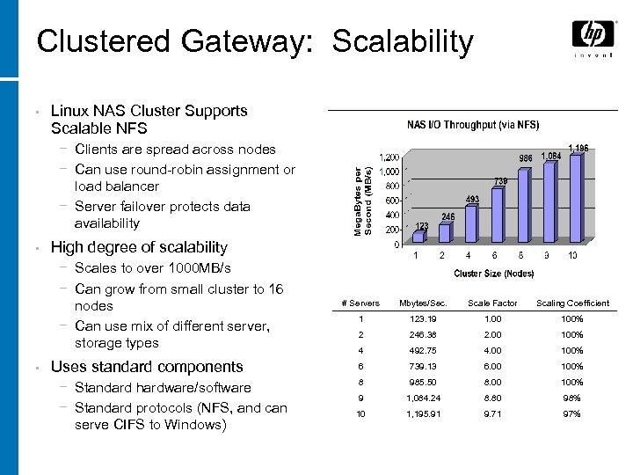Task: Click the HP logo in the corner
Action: [593, 35]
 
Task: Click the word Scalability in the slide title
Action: [404, 41]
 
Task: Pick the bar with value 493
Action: [471, 223]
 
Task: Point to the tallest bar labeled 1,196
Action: [575, 199]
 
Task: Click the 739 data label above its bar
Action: [499, 181]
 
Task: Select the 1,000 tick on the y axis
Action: [389, 172]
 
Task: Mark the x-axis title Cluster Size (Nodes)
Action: [494, 274]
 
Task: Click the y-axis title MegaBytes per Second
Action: [363, 201]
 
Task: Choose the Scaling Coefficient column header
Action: [572, 303]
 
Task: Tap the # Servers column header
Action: [360, 303]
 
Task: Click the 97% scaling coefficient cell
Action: [572, 413]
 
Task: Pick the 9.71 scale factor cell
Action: [491, 413]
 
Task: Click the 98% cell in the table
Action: [572, 398]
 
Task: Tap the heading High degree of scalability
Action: [139, 248]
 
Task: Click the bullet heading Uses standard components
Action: [147, 367]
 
